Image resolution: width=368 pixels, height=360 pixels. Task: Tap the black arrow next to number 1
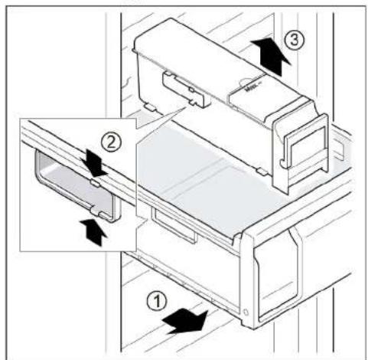click(x=187, y=321)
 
